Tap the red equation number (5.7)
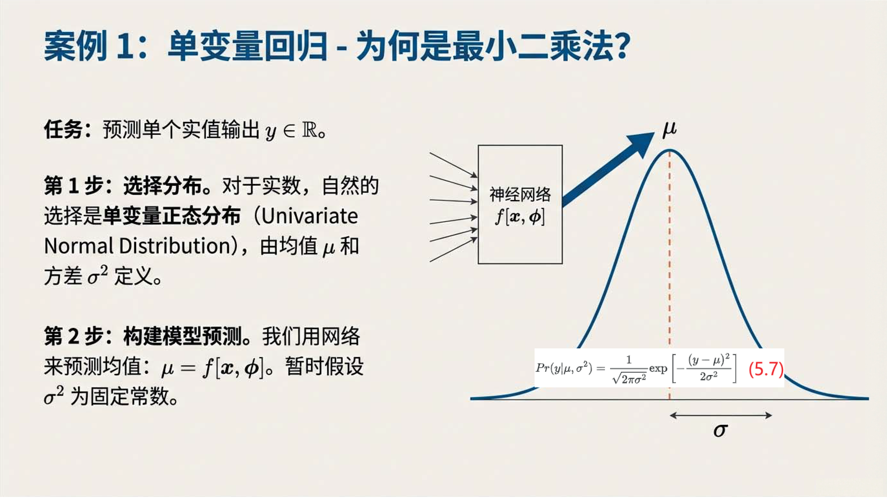(x=766, y=369)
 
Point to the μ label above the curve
(x=669, y=129)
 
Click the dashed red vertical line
(x=670, y=276)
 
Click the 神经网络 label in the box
(x=520, y=195)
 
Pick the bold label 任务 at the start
(x=63, y=130)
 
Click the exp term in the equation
(x=658, y=369)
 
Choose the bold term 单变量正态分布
(x=171, y=216)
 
